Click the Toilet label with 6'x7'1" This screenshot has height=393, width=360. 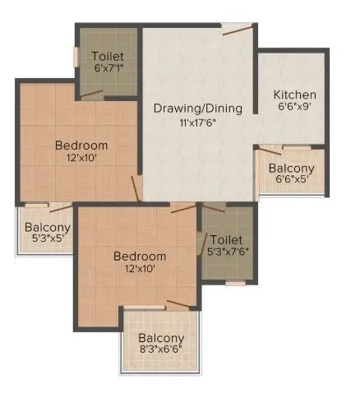pos(108,56)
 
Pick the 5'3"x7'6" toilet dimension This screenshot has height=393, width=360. pos(227,252)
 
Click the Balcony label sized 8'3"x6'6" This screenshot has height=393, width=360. pos(160,339)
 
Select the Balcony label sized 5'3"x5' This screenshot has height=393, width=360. pos(46,228)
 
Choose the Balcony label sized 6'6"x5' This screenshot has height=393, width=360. pos(291,169)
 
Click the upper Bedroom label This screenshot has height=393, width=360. pos(81,146)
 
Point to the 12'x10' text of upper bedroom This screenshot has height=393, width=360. pos(81,159)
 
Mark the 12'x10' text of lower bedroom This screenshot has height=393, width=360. pos(139,268)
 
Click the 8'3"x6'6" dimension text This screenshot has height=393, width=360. pos(160,350)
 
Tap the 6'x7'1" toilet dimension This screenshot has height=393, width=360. pos(108,68)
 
